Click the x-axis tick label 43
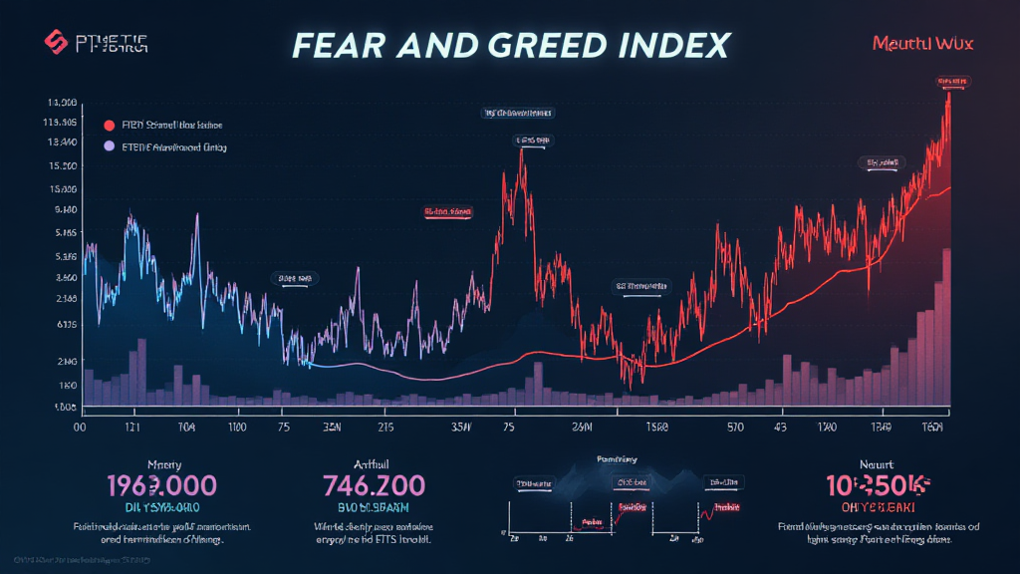pos(781,426)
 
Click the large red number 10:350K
pos(878,485)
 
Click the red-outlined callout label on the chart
pos(447,212)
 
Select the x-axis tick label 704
pos(185,426)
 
